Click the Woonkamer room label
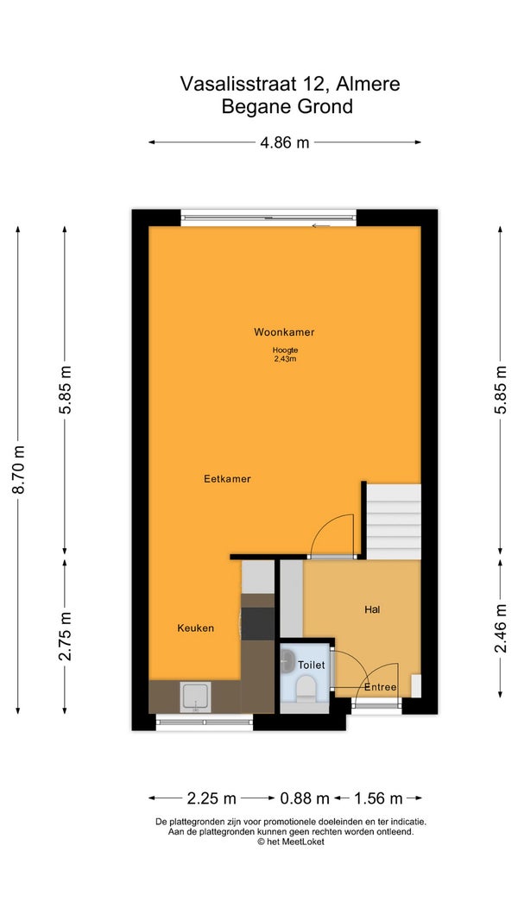point(284,332)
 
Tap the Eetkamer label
point(227,479)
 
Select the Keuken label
point(196,628)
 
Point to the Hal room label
point(372,609)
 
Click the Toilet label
point(312,666)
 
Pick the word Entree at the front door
point(381,687)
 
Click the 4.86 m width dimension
point(285,142)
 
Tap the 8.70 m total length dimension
point(19,470)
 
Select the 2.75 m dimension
point(66,636)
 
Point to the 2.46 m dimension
point(501,628)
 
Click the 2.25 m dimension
point(212,798)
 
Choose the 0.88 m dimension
point(304,798)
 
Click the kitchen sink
point(196,697)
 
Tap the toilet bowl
point(306,687)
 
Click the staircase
point(394,521)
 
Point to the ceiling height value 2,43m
point(284,359)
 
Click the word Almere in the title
point(369,84)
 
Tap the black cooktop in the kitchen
point(258,623)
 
